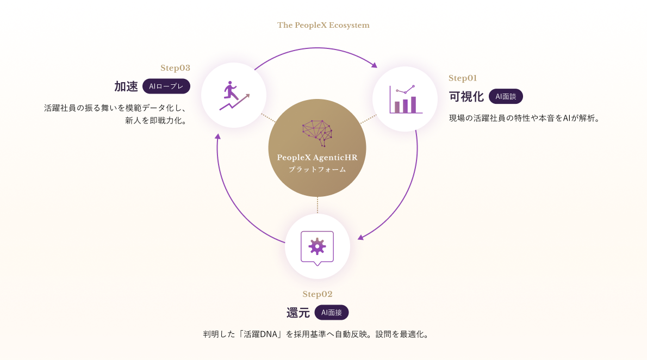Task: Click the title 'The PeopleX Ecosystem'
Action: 323,25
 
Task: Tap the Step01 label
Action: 463,78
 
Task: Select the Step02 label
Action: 318,294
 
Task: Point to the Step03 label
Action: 175,68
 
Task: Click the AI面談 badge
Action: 506,97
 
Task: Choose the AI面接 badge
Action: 332,313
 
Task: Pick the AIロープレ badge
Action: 166,86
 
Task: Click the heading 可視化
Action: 466,97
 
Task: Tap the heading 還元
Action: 298,313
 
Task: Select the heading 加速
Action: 126,86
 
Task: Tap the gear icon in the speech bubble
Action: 317,247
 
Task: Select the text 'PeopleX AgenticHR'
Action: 317,158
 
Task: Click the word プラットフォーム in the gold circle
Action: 317,170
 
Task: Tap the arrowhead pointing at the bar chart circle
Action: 374,65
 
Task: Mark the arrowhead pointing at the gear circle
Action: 360,237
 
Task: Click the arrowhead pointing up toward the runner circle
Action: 217,136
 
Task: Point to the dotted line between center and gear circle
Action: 317,205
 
